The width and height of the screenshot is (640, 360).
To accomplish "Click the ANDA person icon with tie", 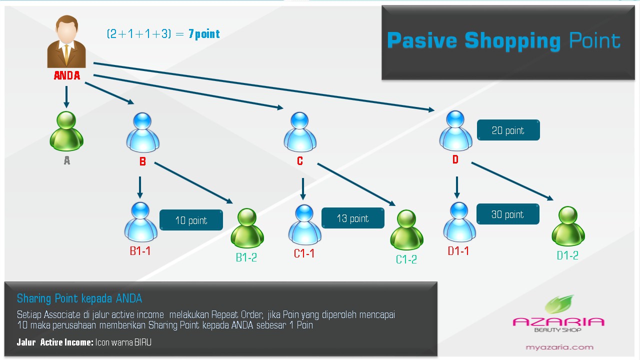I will pyautogui.click(x=66, y=42).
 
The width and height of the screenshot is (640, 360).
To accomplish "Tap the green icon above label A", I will pyautogui.click(x=66, y=131).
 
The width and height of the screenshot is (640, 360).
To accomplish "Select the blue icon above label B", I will pyautogui.click(x=142, y=132).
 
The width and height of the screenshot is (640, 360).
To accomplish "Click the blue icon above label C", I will pyautogui.click(x=300, y=132).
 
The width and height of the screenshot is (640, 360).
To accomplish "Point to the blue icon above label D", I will pyautogui.click(x=455, y=130).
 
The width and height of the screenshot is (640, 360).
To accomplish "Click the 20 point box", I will pyautogui.click(x=508, y=130).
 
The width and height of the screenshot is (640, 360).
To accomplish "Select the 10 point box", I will pyautogui.click(x=191, y=220).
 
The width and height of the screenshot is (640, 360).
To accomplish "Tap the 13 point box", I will pyautogui.click(x=352, y=218).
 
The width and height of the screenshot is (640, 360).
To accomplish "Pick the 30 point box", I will pyautogui.click(x=507, y=214).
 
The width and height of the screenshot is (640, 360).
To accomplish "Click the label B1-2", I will pyautogui.click(x=246, y=257).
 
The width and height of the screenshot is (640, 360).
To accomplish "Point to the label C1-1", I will pyautogui.click(x=304, y=253).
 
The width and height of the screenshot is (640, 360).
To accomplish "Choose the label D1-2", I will pyautogui.click(x=567, y=255).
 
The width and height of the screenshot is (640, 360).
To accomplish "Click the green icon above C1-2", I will pyautogui.click(x=406, y=230).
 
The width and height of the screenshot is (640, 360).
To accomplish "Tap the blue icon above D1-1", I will pyautogui.click(x=459, y=222).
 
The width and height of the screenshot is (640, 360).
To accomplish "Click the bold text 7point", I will pyautogui.click(x=204, y=34).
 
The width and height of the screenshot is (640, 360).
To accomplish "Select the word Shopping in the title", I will pyautogui.click(x=512, y=40).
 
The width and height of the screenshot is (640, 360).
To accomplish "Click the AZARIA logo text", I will pyautogui.click(x=558, y=321).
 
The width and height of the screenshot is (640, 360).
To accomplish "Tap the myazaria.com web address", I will pyautogui.click(x=559, y=347).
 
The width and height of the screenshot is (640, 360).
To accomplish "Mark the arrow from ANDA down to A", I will pyautogui.click(x=66, y=96).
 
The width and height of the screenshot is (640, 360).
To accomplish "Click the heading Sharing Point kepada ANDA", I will pyautogui.click(x=79, y=298).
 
